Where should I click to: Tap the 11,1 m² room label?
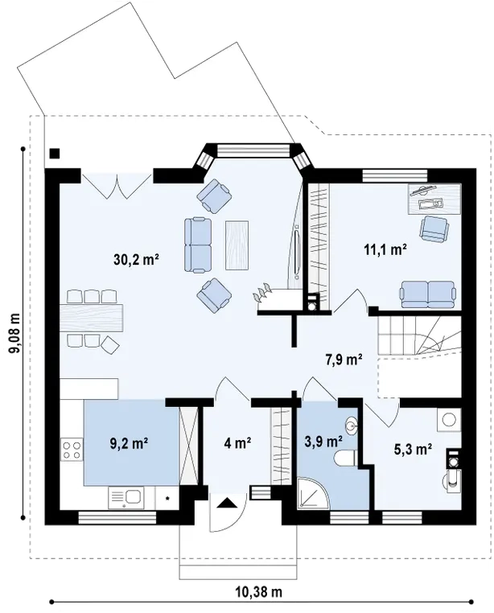[385, 249]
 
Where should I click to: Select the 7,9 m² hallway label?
[344, 359]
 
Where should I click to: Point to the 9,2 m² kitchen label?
[129, 443]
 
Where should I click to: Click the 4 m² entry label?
[237, 443]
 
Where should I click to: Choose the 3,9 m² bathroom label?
[323, 442]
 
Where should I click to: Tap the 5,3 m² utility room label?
[413, 449]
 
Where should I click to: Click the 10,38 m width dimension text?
[258, 592]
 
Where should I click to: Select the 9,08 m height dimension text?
[14, 334]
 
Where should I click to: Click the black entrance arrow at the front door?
[228, 503]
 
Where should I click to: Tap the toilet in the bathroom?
[345, 458]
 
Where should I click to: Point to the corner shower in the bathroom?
[312, 492]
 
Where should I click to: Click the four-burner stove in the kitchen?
[72, 450]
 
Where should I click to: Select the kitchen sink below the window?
[126, 498]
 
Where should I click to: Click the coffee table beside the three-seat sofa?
[237, 245]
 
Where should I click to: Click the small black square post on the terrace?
[55, 153]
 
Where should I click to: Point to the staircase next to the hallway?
[420, 335]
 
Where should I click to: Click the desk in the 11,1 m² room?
[435, 199]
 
